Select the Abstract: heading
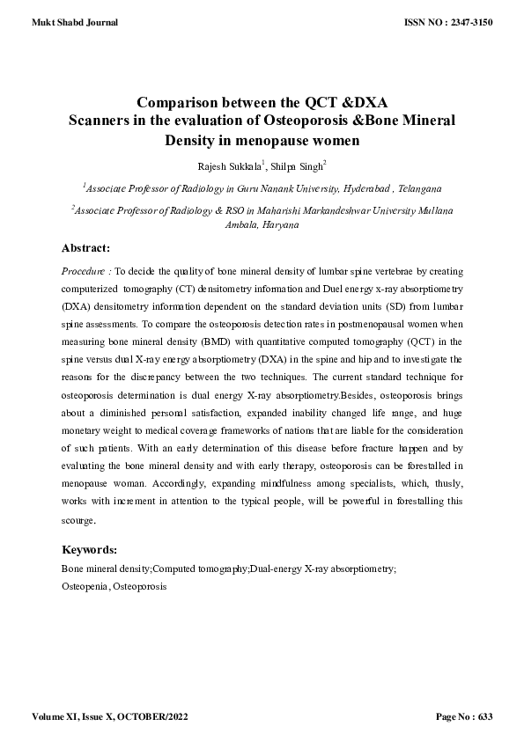point(85,248)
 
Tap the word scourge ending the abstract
point(77,520)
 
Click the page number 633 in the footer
point(483,717)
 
